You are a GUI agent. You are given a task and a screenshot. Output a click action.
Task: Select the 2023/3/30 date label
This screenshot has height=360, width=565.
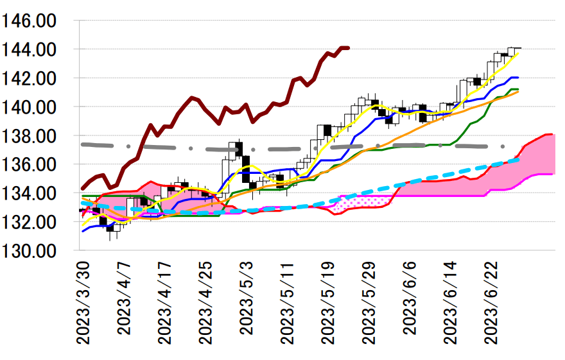[x=83, y=302]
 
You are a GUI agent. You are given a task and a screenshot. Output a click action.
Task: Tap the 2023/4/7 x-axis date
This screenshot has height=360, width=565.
[x=124, y=298]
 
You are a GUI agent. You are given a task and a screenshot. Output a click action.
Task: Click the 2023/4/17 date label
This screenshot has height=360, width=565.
[x=165, y=302]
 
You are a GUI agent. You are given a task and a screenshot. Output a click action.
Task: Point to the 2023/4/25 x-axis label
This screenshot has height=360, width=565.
[x=206, y=302]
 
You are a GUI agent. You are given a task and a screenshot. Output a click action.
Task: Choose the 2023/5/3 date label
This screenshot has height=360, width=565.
[x=247, y=298]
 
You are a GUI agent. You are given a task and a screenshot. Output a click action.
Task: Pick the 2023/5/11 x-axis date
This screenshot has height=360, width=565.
[x=288, y=302]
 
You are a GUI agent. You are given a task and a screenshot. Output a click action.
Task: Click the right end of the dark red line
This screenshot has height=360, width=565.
[x=347, y=47]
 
